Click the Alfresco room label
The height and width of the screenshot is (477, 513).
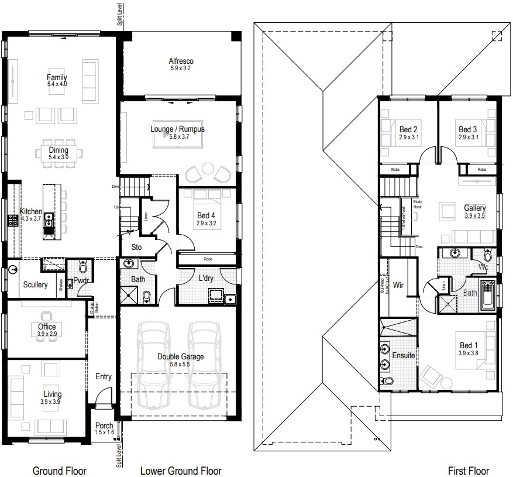[x=181, y=61]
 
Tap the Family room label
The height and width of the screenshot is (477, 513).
[x=57, y=77]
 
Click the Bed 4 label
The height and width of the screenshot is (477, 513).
[x=206, y=215]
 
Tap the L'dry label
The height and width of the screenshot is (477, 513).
[x=205, y=278]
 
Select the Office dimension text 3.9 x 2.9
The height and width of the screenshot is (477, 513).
[x=47, y=334]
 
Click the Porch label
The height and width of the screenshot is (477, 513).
[x=103, y=425]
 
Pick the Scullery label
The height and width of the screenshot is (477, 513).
[x=35, y=285]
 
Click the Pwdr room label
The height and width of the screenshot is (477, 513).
[x=81, y=281]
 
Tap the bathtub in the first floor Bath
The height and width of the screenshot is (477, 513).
[x=487, y=294]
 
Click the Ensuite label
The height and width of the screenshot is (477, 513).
[x=404, y=355]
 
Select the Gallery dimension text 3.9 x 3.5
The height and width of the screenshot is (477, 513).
[x=474, y=215]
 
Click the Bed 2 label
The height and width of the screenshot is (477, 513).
[x=408, y=129]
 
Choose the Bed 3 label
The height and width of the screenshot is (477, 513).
[x=468, y=129]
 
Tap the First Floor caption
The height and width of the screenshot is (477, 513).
[x=469, y=471]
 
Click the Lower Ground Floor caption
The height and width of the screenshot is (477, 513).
[x=181, y=471]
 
